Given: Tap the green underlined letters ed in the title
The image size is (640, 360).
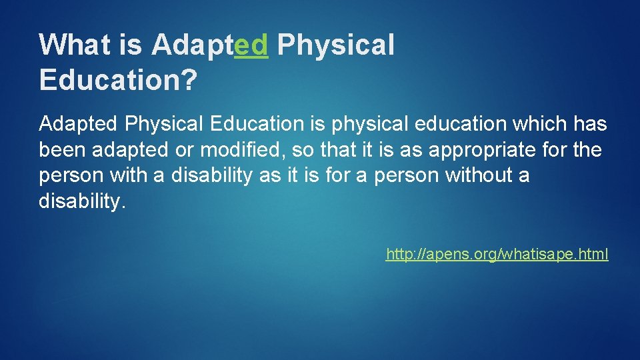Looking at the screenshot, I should [x=252, y=45].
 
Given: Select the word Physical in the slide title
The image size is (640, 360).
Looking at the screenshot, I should [x=335, y=45].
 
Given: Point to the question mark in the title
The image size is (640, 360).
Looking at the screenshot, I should [x=189, y=80].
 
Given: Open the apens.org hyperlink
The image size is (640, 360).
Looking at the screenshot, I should [x=497, y=254].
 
